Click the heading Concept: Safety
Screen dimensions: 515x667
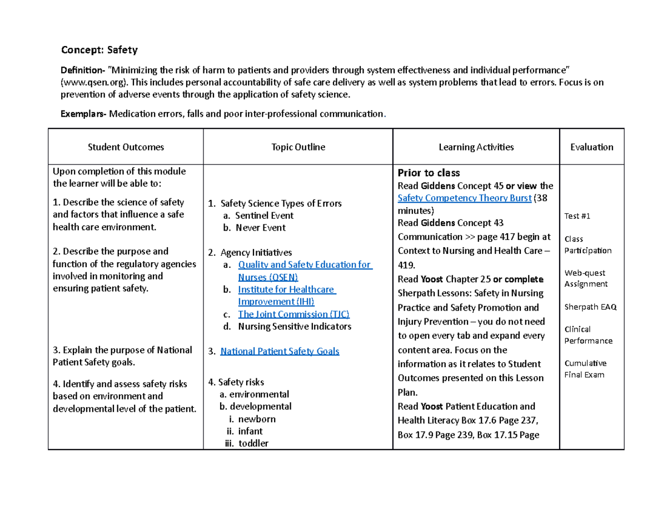(x=99, y=50)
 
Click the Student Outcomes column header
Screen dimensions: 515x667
(x=126, y=147)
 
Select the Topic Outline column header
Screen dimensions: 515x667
(x=298, y=147)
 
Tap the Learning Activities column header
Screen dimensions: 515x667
(x=476, y=147)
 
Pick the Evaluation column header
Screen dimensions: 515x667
(x=591, y=147)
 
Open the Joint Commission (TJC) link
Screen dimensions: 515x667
(x=293, y=314)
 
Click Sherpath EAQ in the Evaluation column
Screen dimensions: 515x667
(x=590, y=307)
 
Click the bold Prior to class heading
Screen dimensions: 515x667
(x=429, y=172)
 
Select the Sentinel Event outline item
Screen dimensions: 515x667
(x=264, y=216)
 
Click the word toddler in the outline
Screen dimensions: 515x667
(x=253, y=443)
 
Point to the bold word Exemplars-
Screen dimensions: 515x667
(x=83, y=114)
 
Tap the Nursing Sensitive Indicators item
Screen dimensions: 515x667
(x=295, y=327)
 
